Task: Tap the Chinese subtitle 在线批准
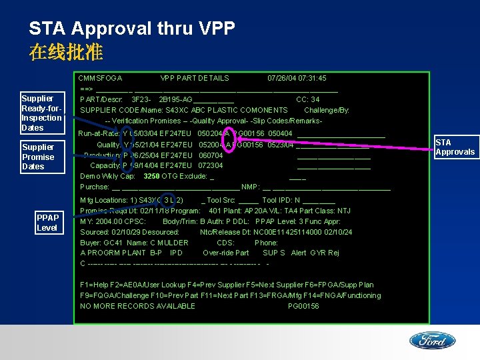(65, 52)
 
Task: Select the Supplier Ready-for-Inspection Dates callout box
(42, 113)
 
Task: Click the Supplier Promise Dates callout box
(38, 157)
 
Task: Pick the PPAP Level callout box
(47, 223)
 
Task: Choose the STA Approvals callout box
(455, 147)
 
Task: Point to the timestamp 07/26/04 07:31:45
(297, 78)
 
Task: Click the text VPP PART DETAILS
(195, 78)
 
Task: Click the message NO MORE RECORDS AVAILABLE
(137, 306)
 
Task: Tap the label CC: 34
(307, 99)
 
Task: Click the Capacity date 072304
(211, 165)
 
